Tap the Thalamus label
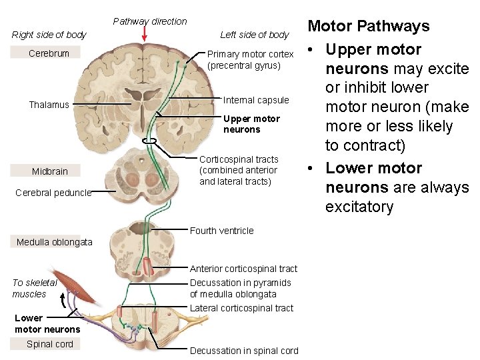tap(49, 105)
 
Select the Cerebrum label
tap(49, 53)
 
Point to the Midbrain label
tap(50, 171)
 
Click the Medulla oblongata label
tap(55, 242)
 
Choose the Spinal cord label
tap(49, 344)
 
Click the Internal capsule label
tap(256, 100)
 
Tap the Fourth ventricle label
tap(222, 231)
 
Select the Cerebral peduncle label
tap(53, 193)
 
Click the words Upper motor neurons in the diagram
tap(251, 124)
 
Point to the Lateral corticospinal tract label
tap(241, 308)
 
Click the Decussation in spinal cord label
tap(244, 351)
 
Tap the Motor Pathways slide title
tap(368, 27)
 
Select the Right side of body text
tap(49, 35)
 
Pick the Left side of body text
tap(254, 35)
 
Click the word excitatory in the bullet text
tap(359, 207)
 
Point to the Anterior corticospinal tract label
tap(243, 269)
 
